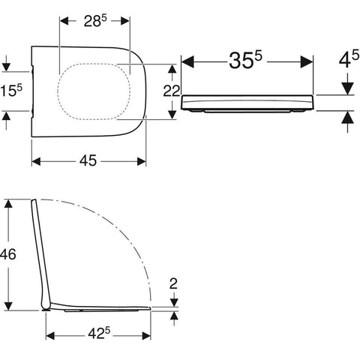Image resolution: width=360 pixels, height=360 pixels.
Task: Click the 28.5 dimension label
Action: point(95,21)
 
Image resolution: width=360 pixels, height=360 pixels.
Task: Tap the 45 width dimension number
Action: point(88,160)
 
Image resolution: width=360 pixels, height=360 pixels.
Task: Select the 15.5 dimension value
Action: point(11,90)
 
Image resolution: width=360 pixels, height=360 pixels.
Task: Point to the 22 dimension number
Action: point(172,91)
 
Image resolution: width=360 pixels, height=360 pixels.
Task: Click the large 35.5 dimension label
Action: point(245,60)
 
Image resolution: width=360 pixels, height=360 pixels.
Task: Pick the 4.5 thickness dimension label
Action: point(349,59)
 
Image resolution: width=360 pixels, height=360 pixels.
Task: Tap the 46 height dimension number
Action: point(8,254)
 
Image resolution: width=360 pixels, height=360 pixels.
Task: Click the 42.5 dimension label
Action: point(99,333)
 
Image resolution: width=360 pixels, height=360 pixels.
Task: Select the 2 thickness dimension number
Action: point(173,283)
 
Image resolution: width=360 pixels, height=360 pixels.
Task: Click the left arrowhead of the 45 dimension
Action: point(36,161)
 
